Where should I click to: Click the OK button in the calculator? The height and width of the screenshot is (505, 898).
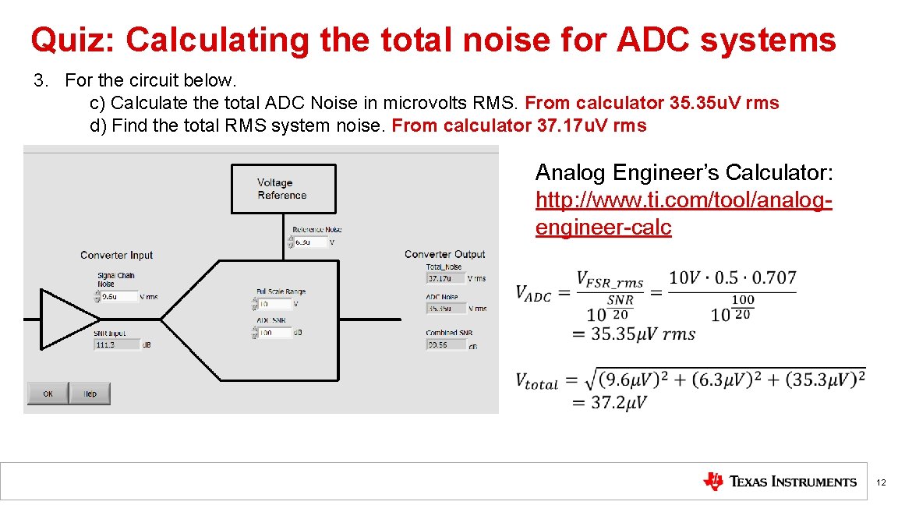point(48,394)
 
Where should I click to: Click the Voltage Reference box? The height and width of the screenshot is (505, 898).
point(284,189)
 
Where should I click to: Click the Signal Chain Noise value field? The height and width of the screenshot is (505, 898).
point(118,296)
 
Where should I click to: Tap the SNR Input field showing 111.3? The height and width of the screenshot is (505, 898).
point(115,344)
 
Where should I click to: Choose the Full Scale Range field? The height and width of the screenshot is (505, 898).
point(274,304)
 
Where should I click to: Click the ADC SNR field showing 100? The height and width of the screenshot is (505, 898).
point(274,333)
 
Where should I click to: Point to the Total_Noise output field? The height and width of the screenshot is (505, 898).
point(445,278)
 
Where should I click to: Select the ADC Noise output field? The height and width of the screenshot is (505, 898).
point(445,308)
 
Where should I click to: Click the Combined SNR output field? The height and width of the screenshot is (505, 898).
point(445,344)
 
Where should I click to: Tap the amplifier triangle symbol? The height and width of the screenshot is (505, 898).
point(69,319)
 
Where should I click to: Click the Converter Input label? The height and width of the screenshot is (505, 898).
point(116,255)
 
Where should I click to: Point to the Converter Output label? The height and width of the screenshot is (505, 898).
point(444,254)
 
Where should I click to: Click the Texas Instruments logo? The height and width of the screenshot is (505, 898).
point(780,482)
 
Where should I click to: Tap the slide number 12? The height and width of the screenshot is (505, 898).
point(881,483)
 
